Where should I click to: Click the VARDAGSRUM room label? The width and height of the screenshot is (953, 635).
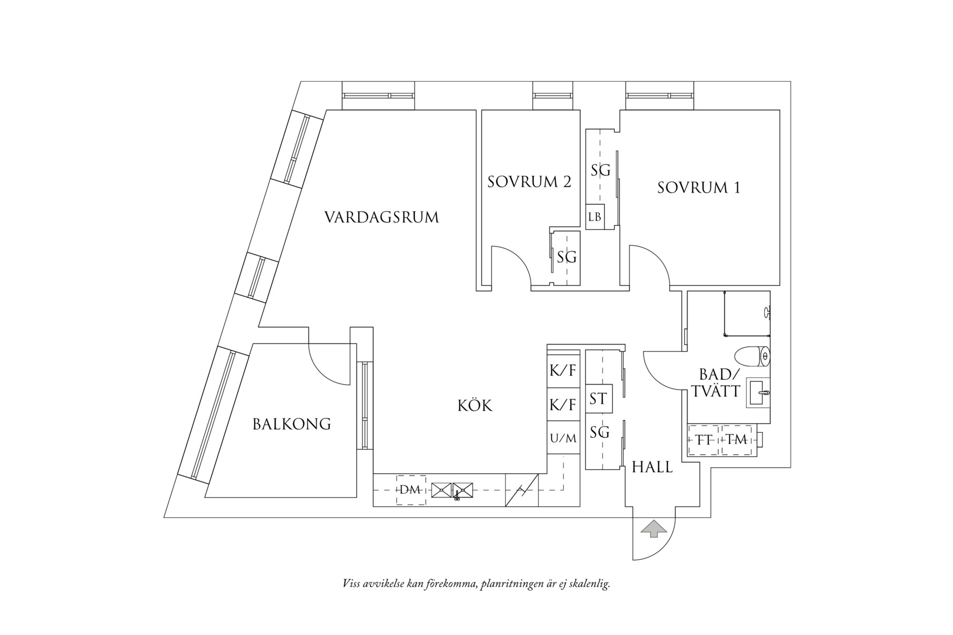(381, 218)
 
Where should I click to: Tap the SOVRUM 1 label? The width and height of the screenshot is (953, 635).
(699, 188)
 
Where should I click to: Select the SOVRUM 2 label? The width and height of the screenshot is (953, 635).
(529, 182)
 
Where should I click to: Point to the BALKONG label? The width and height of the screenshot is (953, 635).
(291, 425)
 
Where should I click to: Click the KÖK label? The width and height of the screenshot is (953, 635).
(474, 406)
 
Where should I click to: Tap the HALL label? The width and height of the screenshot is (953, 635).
(652, 468)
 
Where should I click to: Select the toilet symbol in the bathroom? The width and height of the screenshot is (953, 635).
(752, 356)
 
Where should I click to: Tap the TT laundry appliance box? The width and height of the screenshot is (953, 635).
(704, 440)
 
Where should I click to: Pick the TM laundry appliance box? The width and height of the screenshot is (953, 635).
(737, 440)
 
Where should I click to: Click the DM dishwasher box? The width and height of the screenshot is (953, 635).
(411, 490)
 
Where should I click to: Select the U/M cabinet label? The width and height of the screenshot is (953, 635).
(563, 439)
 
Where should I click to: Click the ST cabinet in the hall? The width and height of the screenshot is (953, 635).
(598, 399)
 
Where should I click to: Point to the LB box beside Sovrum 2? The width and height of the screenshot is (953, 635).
(594, 217)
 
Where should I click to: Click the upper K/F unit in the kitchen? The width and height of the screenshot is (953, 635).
(563, 370)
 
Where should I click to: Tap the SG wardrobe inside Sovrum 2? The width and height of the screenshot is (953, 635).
(566, 258)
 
